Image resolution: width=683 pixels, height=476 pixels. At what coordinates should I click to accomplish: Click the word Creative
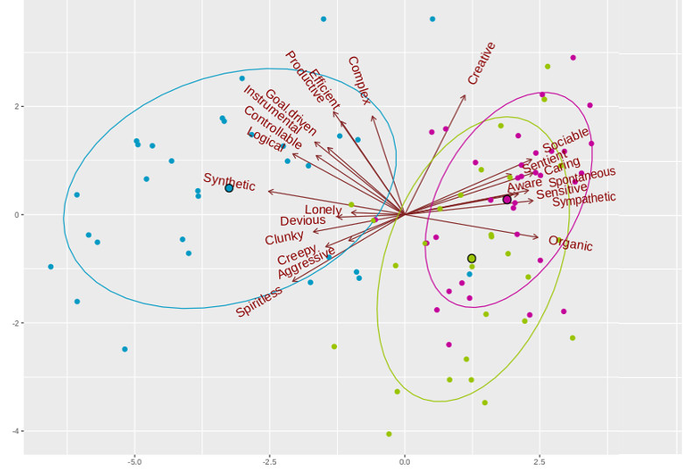(482, 63)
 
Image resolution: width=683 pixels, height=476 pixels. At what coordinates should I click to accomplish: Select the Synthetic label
(229, 183)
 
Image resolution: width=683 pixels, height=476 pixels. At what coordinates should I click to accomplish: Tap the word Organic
(571, 243)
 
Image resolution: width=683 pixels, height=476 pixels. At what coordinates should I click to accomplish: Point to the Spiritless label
(259, 302)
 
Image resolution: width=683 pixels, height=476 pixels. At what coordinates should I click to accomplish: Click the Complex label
(359, 80)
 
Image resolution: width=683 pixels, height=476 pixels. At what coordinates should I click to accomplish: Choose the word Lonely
(323, 210)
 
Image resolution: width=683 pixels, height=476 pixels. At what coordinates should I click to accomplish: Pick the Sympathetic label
(584, 199)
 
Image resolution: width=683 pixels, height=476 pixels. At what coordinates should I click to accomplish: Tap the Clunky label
(285, 237)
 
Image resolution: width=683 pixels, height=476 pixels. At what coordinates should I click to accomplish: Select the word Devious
(303, 221)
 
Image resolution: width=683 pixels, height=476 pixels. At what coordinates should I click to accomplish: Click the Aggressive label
(299, 264)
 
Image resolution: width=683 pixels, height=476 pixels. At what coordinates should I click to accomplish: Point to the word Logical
(264, 141)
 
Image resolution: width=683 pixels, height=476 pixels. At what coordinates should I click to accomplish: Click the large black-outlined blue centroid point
(229, 188)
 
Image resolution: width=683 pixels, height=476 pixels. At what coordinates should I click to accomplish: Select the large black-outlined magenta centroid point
(507, 199)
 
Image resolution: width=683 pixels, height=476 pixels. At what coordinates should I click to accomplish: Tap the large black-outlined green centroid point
(472, 258)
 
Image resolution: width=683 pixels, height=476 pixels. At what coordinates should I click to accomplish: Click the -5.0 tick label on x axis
(134, 461)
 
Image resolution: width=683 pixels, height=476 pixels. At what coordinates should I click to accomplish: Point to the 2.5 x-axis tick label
(540, 461)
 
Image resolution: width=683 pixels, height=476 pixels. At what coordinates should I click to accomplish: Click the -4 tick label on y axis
(16, 431)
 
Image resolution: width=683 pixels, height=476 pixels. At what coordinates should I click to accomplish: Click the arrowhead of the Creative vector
(466, 94)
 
